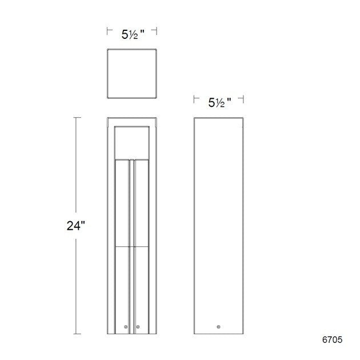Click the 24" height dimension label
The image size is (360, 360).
click(x=75, y=225)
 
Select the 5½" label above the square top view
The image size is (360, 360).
click(x=132, y=34)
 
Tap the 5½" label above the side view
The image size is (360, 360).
click(x=219, y=103)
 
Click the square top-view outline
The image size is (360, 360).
click(x=132, y=74)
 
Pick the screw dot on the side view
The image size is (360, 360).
click(x=218, y=327)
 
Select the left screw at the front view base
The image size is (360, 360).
click(x=127, y=327)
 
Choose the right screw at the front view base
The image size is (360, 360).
click(x=138, y=327)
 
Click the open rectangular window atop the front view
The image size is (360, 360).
click(x=132, y=141)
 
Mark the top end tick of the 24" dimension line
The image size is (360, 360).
click(x=77, y=117)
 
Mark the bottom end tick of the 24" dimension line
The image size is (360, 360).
click(x=77, y=334)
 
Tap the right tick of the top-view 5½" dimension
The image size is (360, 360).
click(x=157, y=32)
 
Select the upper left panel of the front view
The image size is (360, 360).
click(x=123, y=203)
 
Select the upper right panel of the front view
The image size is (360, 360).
click(x=142, y=203)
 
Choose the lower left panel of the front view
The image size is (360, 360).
click(x=123, y=286)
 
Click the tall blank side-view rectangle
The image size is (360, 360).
click(x=219, y=223)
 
